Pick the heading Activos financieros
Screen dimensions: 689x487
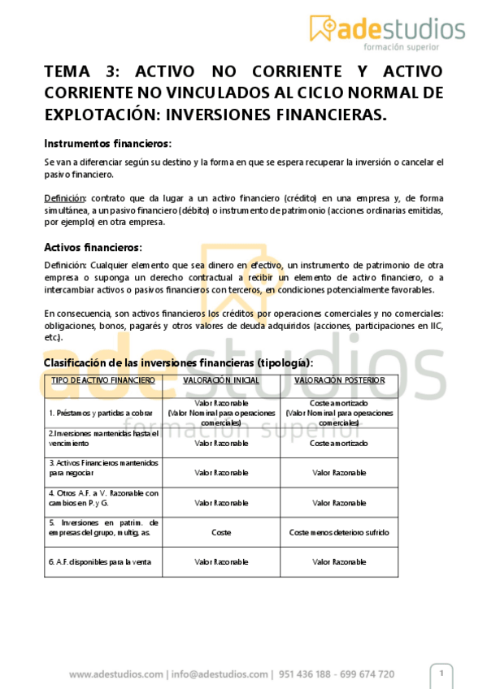tap(93, 247)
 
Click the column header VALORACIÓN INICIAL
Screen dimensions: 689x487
tap(221, 380)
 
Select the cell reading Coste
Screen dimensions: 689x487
tap(221, 532)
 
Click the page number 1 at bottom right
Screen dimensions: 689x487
tap(441, 673)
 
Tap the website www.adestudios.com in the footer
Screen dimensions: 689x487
tap(115, 674)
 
